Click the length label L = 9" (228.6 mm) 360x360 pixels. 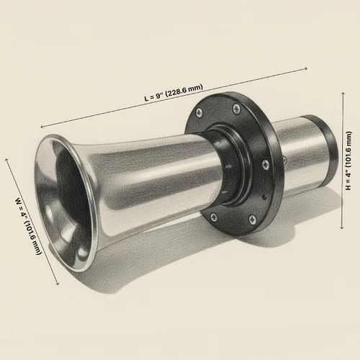[x=174, y=92]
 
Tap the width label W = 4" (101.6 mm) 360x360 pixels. [x=28, y=226]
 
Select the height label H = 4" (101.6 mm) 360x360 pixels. [x=348, y=161]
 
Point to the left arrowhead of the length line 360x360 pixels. [x=42, y=127]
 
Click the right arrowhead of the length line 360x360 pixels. [x=305, y=69]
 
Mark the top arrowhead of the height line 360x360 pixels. [x=343, y=94]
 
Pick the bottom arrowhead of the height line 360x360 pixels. [x=342, y=228]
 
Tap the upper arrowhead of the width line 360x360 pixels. [x=6, y=160]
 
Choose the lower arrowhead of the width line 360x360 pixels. [x=58, y=284]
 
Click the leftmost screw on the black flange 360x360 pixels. [x=199, y=112]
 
